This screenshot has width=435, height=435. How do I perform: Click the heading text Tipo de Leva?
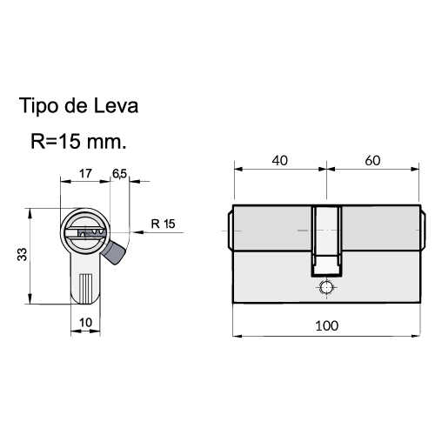(x=78, y=106)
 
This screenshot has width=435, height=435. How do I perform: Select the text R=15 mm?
(x=78, y=142)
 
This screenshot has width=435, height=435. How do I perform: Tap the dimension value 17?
(x=85, y=174)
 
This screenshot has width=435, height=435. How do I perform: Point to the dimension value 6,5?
(x=119, y=174)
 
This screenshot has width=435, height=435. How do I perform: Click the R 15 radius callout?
(x=163, y=224)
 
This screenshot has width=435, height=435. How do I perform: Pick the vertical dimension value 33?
(x=23, y=254)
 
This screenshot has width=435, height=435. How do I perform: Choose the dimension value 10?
(x=85, y=323)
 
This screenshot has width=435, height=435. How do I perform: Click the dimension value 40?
(x=280, y=161)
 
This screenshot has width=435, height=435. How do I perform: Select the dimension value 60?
(x=372, y=161)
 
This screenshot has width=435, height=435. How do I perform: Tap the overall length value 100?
(x=327, y=326)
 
